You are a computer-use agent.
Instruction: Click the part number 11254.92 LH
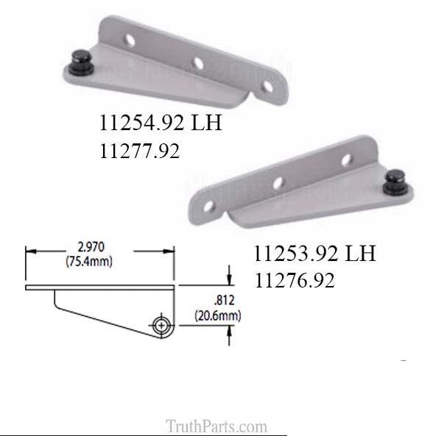click(x=160, y=123)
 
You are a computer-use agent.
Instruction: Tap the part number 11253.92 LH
click(x=314, y=254)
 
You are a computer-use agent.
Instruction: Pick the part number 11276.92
click(x=295, y=281)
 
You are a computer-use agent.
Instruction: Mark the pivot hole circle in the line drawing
click(x=162, y=323)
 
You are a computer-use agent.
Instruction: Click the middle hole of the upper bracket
click(x=197, y=63)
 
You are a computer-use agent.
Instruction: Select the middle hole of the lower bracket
click(x=278, y=182)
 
